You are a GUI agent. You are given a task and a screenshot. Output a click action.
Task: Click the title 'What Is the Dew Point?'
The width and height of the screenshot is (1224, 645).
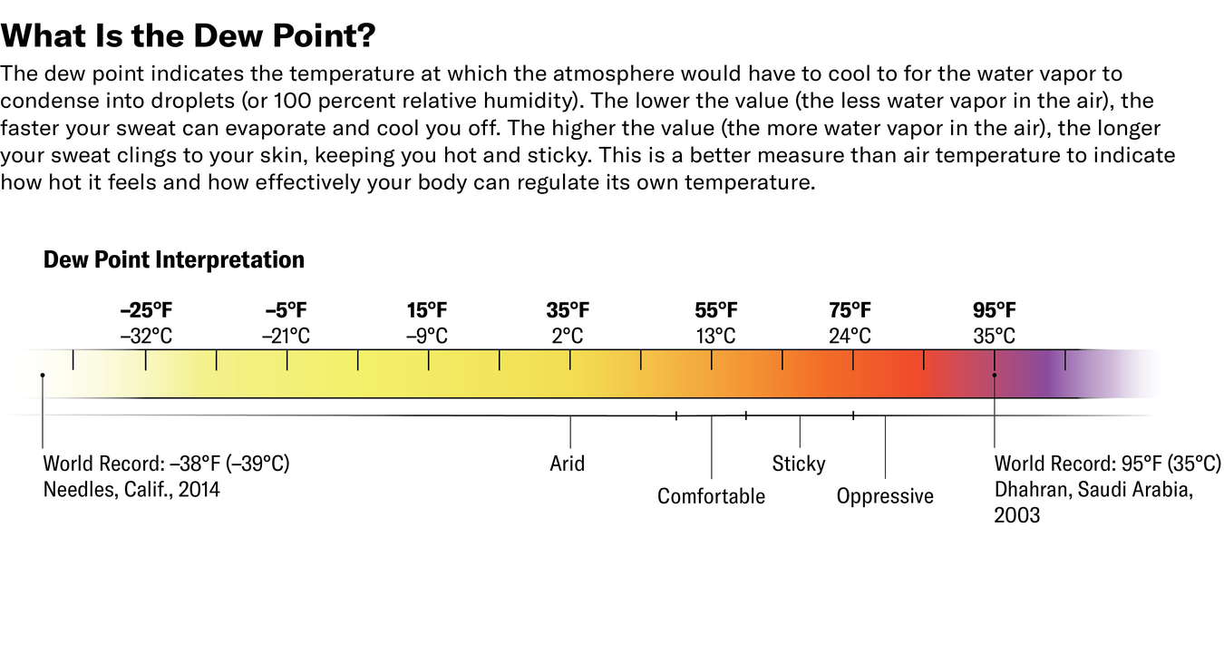(x=189, y=36)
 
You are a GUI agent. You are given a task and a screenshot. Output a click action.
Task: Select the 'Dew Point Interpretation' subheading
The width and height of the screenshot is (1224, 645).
(x=174, y=260)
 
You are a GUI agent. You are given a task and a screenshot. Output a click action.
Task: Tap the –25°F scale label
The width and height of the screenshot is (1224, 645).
(x=146, y=310)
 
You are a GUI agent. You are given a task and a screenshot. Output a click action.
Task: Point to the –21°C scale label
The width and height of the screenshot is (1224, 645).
(x=287, y=337)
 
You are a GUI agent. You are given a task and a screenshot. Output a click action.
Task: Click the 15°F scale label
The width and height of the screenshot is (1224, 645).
(x=427, y=310)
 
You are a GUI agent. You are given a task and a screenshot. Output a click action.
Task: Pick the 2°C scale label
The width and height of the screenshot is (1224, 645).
(x=568, y=337)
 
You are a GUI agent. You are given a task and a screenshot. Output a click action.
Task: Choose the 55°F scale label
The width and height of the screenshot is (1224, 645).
(x=716, y=310)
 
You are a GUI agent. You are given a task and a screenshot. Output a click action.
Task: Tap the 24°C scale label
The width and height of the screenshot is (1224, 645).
(x=850, y=337)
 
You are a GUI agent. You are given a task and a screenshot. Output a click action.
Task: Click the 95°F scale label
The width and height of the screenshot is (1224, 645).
(x=995, y=310)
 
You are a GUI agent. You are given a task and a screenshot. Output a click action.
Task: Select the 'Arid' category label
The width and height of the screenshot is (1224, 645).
(x=568, y=464)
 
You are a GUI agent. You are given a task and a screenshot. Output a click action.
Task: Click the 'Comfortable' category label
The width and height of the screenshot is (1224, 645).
(x=711, y=496)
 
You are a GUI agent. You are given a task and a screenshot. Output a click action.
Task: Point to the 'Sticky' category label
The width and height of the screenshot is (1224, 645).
(x=799, y=464)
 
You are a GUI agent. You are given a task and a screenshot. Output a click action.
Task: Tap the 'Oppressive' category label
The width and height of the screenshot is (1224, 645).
(x=885, y=496)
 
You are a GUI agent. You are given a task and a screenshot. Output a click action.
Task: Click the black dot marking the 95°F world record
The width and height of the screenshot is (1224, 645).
(x=995, y=375)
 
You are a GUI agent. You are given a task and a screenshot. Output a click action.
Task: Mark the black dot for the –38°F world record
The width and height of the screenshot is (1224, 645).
(x=43, y=375)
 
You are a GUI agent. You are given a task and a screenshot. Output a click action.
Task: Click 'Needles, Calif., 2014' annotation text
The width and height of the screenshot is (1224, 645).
(x=131, y=490)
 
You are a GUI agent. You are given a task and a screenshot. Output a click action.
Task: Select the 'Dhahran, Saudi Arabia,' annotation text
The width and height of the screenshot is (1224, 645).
(x=1093, y=490)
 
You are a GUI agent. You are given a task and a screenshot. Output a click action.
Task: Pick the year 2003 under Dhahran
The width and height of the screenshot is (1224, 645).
(x=1017, y=515)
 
